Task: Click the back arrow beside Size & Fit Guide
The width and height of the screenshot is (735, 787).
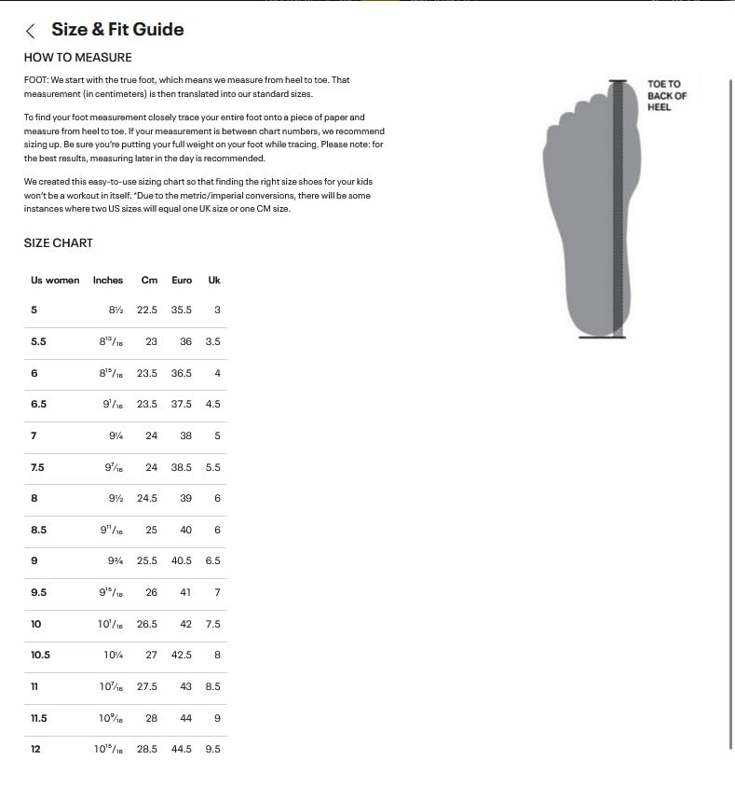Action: click(32, 31)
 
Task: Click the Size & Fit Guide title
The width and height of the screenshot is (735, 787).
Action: click(117, 30)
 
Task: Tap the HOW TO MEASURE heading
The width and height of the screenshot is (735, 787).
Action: click(78, 58)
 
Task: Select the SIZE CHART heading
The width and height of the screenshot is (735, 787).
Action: click(59, 243)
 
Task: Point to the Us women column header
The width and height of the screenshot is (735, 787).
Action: click(55, 280)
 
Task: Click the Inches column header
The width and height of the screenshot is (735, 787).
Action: click(108, 280)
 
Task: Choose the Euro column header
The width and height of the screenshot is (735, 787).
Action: click(182, 280)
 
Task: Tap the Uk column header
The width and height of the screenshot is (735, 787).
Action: click(214, 280)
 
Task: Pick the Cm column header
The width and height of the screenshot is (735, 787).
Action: click(149, 280)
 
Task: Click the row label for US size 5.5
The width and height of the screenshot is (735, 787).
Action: click(38, 342)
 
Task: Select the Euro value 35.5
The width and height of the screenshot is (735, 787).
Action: click(182, 311)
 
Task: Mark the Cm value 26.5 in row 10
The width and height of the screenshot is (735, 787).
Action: click(147, 625)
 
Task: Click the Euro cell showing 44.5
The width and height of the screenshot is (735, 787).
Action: click(182, 750)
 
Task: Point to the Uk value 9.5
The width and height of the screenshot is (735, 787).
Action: click(213, 750)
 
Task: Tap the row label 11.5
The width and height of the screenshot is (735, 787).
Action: click(39, 719)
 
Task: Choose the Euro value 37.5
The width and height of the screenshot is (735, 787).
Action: click(182, 405)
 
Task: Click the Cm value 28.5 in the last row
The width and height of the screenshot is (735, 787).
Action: click(147, 750)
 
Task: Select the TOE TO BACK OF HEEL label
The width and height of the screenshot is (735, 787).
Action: click(667, 96)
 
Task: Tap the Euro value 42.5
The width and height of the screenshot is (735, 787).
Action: click(182, 656)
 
